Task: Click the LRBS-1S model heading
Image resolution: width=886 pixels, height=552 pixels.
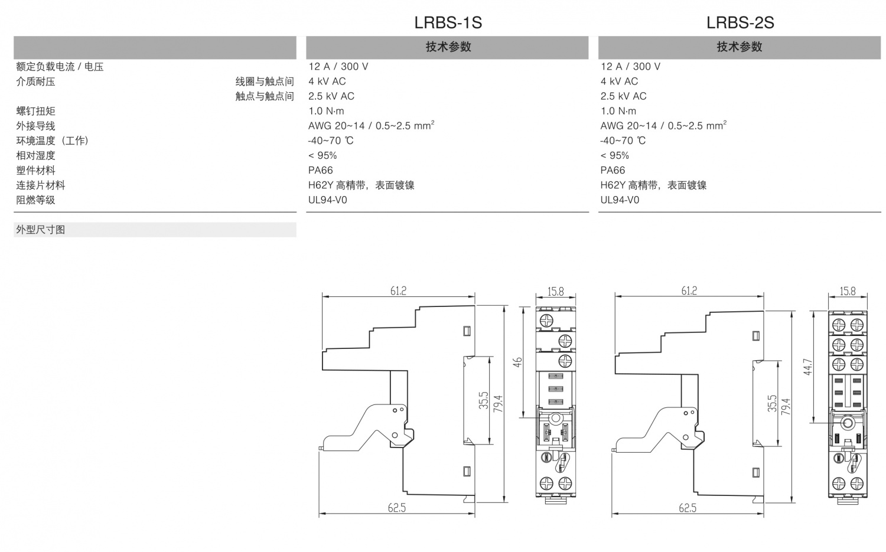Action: pyautogui.click(x=448, y=22)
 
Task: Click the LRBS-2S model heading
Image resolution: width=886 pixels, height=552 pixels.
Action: pyautogui.click(x=740, y=22)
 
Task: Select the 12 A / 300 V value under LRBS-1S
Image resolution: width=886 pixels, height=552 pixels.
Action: pyautogui.click(x=338, y=67)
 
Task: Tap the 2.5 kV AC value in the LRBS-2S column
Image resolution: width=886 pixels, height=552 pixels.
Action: pyautogui.click(x=623, y=96)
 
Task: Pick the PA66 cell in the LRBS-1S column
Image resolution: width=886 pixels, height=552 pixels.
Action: pyautogui.click(x=320, y=170)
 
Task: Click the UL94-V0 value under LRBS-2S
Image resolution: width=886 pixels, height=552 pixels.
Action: pyautogui.click(x=620, y=200)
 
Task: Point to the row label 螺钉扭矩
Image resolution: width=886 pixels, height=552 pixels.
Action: pyautogui.click(x=35, y=111)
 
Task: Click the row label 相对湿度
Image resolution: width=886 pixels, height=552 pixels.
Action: pyautogui.click(x=35, y=155)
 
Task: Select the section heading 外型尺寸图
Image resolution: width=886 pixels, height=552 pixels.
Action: pyautogui.click(x=40, y=230)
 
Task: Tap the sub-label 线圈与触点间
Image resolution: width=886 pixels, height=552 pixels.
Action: pyautogui.click(x=265, y=81)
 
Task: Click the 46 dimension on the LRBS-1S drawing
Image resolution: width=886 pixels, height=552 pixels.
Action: pyautogui.click(x=517, y=362)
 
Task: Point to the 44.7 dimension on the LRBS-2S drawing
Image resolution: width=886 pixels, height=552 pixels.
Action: pyautogui.click(x=808, y=367)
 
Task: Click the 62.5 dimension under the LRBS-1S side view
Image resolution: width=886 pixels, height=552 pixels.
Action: pyautogui.click(x=397, y=508)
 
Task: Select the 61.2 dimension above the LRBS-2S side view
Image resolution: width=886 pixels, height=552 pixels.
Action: pyautogui.click(x=689, y=290)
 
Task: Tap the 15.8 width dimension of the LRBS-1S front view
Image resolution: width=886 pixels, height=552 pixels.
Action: pyautogui.click(x=555, y=291)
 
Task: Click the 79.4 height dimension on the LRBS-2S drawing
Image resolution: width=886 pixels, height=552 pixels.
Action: pyautogui.click(x=785, y=406)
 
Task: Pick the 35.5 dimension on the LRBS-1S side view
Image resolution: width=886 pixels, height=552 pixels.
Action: pyautogui.click(x=484, y=401)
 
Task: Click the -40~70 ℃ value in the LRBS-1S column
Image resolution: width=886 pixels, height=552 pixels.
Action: pyautogui.click(x=330, y=141)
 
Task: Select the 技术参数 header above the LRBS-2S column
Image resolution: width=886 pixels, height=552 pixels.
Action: pyautogui.click(x=740, y=47)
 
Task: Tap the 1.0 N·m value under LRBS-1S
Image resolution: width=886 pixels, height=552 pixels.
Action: pyautogui.click(x=326, y=111)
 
